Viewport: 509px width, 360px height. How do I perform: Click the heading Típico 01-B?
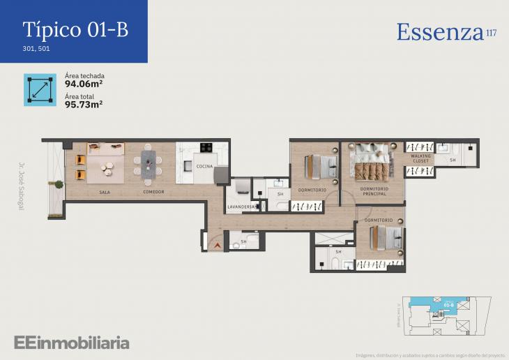(75, 30)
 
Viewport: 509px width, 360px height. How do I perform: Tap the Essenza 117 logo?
(446, 32)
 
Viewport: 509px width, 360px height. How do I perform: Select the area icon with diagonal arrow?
(40, 90)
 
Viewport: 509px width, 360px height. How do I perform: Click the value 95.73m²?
(84, 105)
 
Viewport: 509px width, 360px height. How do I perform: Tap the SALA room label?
(105, 191)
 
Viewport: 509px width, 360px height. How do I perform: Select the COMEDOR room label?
(153, 191)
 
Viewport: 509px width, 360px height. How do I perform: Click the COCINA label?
(204, 166)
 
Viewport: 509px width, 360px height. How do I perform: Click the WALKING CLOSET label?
(420, 160)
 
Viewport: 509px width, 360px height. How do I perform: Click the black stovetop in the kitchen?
(206, 147)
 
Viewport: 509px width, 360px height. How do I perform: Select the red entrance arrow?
(217, 245)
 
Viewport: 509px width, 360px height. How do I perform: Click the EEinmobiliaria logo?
(71, 342)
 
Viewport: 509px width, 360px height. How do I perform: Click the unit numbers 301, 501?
(37, 50)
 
